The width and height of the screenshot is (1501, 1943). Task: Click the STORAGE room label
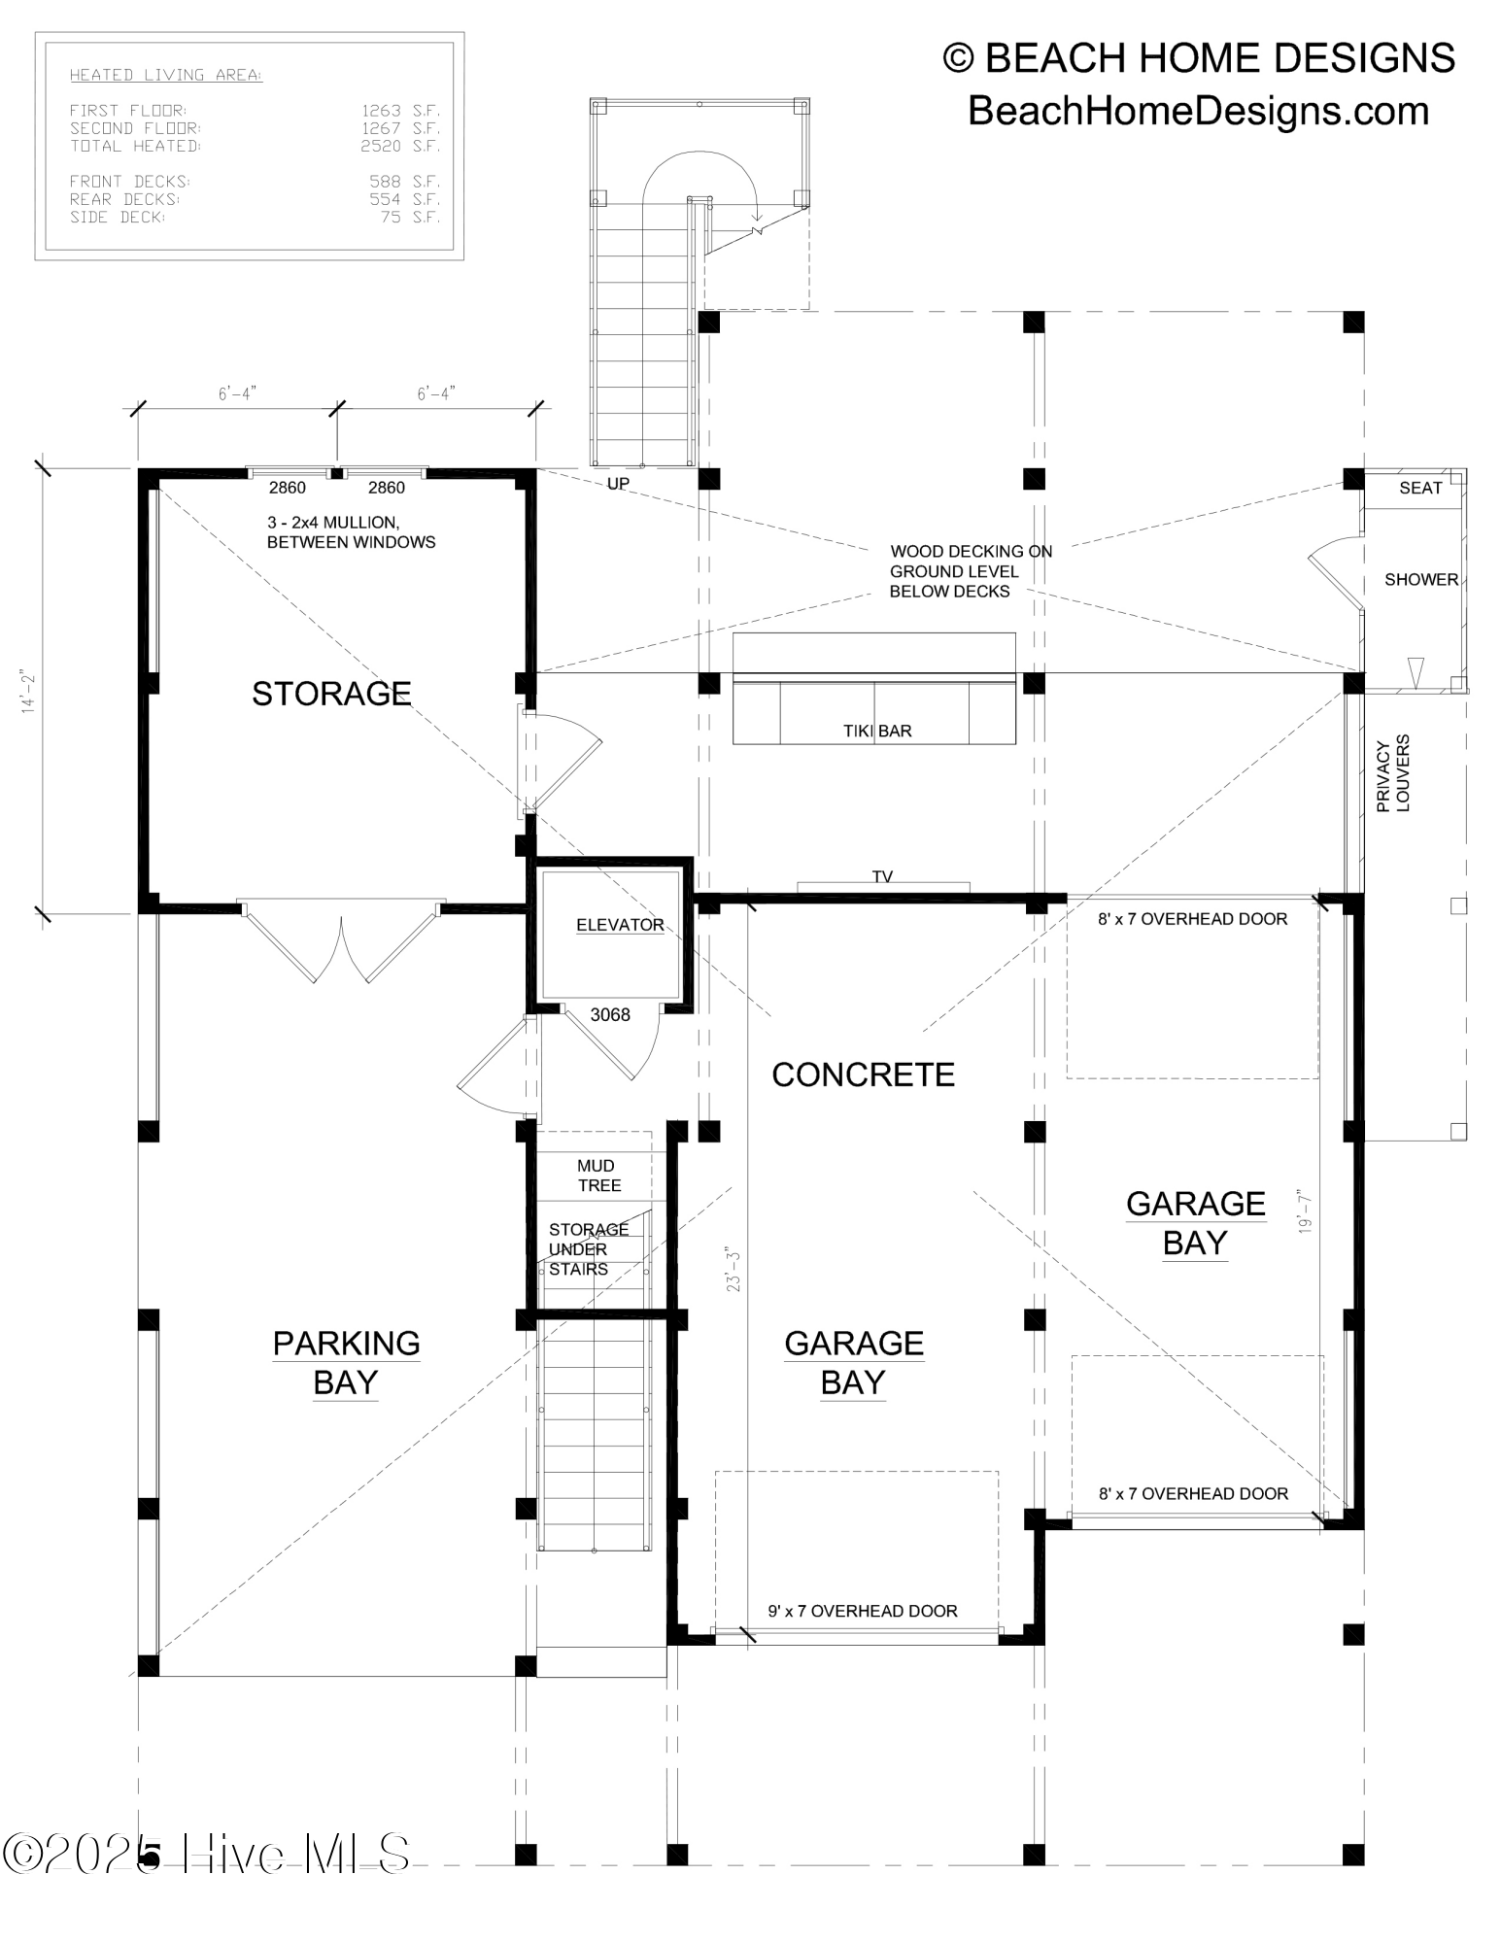(x=331, y=693)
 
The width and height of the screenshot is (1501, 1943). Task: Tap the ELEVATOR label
(x=620, y=925)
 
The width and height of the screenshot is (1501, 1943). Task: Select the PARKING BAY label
(x=346, y=1362)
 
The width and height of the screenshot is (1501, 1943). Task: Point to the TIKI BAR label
(x=877, y=731)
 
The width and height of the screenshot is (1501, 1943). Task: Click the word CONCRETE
(x=863, y=1074)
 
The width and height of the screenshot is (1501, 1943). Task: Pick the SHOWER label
(x=1421, y=579)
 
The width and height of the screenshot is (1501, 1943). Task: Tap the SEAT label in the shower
(x=1420, y=488)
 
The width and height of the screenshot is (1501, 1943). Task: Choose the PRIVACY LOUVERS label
(x=1393, y=772)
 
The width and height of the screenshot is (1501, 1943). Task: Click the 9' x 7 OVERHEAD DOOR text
(x=863, y=1611)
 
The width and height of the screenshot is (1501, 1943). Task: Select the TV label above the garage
(x=882, y=876)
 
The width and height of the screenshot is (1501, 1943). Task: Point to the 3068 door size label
(x=610, y=1014)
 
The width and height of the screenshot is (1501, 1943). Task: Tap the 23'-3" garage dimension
(x=733, y=1269)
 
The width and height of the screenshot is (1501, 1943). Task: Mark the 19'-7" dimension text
(x=1307, y=1210)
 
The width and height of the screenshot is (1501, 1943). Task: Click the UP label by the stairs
(x=618, y=483)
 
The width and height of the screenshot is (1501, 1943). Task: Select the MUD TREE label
(x=598, y=1176)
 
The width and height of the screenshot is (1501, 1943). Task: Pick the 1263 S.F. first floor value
(x=401, y=110)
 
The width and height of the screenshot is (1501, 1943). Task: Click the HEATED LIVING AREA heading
(x=166, y=75)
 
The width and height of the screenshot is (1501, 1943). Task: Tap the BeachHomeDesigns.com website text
(x=1199, y=111)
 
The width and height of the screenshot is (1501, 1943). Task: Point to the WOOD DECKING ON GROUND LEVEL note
(x=971, y=571)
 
